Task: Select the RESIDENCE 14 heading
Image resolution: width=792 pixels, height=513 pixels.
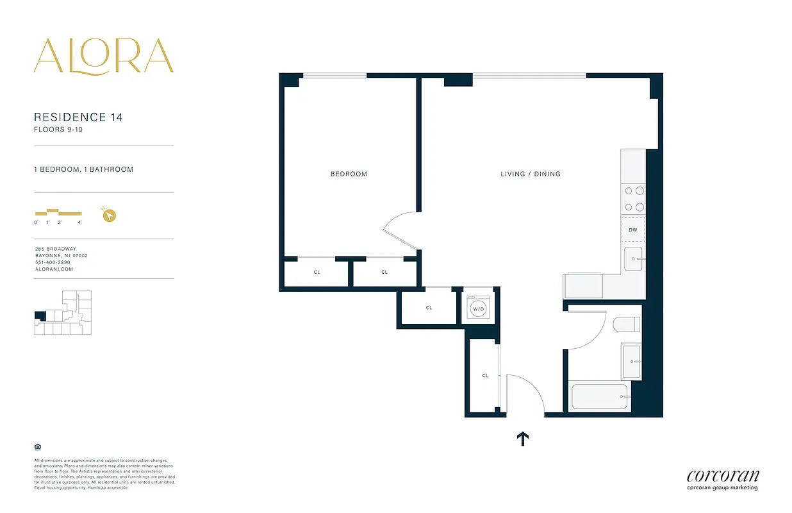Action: click(x=78, y=117)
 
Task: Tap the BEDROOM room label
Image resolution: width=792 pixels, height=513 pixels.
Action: click(x=349, y=174)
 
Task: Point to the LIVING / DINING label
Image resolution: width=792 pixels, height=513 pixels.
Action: click(x=530, y=174)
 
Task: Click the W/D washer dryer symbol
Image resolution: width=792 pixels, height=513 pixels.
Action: click(x=478, y=308)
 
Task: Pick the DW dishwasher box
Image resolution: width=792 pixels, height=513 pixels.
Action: click(x=632, y=230)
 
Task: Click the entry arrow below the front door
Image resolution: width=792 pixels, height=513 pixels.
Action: click(x=522, y=439)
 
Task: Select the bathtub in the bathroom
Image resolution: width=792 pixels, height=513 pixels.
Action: click(x=599, y=397)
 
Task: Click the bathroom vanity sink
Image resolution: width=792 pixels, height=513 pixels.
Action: click(x=631, y=362)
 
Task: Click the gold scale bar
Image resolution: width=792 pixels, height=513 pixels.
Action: click(x=58, y=212)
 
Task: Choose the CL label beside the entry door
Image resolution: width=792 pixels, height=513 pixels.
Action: click(x=485, y=376)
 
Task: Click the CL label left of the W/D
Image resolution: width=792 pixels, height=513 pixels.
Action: click(x=429, y=308)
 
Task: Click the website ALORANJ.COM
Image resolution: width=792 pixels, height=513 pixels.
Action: click(x=54, y=269)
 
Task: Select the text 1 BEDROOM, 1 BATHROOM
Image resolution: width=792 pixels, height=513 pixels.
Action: click(x=83, y=170)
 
